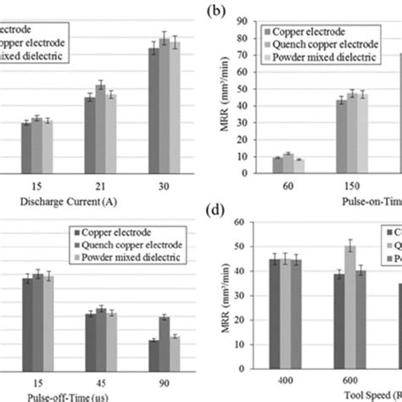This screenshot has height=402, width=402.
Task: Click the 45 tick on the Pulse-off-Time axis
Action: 100,382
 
